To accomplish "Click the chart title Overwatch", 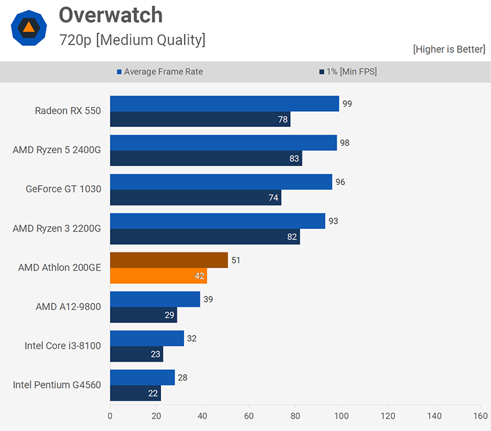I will point(110,15).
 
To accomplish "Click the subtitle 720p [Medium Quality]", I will point(132,40).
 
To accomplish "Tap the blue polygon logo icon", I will point(29,27).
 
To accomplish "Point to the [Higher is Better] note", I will point(449,49).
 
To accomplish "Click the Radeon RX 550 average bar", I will point(224,103).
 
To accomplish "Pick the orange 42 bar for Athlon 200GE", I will point(158,276).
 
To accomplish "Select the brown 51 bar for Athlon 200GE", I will point(168,260).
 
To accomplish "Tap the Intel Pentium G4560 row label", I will point(57,385).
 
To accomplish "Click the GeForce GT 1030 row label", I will point(63,189).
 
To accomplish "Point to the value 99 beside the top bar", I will point(347,103).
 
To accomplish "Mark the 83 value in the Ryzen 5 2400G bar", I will point(294,158).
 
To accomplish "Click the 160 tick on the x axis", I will point(480,415).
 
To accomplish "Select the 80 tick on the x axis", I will point(295,415).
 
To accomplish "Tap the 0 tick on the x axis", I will point(110,415).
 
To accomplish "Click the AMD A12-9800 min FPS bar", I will point(143,315).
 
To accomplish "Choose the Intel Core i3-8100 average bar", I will point(147,339).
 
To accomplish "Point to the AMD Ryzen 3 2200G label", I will point(56,228).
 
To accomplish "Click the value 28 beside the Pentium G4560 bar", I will point(183,377).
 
